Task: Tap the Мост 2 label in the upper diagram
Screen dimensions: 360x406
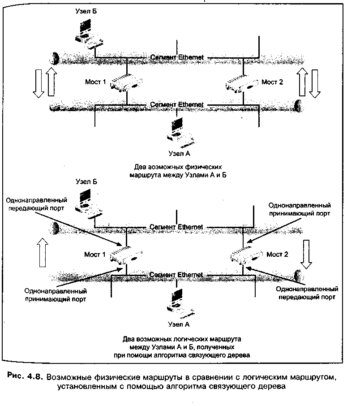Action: pyautogui.click(x=272, y=82)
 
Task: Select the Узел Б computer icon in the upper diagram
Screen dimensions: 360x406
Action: pyautogui.click(x=88, y=34)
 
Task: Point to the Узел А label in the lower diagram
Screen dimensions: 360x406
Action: pyautogui.click(x=179, y=324)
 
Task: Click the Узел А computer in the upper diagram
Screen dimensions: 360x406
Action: pyautogui.click(x=180, y=133)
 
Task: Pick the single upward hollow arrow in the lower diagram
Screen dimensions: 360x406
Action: pyautogui.click(x=43, y=252)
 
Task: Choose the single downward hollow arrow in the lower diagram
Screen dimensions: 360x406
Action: pyautogui.click(x=306, y=254)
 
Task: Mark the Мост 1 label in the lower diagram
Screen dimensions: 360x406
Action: pyautogui.click(x=95, y=254)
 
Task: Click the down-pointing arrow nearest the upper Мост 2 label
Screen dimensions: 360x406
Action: pyautogui.click(x=315, y=84)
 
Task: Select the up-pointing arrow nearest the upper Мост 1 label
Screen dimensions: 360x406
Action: pyautogui.click(x=51, y=82)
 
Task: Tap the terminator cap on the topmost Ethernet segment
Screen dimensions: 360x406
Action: pyautogui.click(x=55, y=59)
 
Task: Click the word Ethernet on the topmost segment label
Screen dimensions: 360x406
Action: pyautogui.click(x=191, y=57)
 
